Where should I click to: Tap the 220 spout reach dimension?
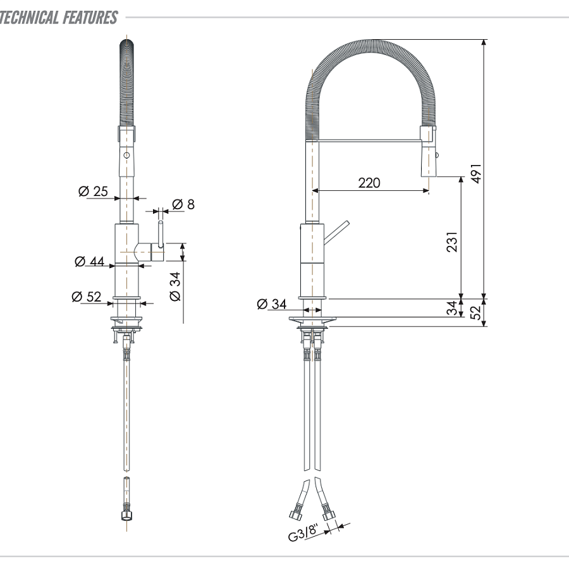[369, 183]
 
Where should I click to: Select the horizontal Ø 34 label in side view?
[271, 304]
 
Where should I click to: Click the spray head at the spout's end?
[427, 152]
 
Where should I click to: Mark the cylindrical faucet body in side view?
[311, 259]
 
